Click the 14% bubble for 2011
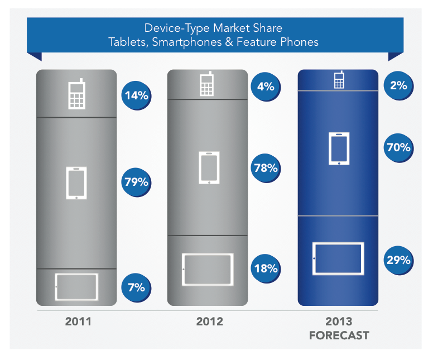(136, 95)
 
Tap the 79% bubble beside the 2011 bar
(136, 182)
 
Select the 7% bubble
(136, 287)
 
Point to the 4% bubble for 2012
(266, 86)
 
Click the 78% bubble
(266, 167)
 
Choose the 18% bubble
(266, 268)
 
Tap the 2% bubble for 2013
(398, 85)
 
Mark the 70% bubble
(398, 148)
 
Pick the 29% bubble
(398, 260)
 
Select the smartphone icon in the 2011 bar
(76, 183)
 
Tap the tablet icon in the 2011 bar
(76, 286)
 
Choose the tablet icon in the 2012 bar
(208, 269)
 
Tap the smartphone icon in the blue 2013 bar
(339, 148)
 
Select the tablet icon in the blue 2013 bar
(338, 258)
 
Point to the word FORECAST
(339, 335)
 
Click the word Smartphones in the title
(177, 42)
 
